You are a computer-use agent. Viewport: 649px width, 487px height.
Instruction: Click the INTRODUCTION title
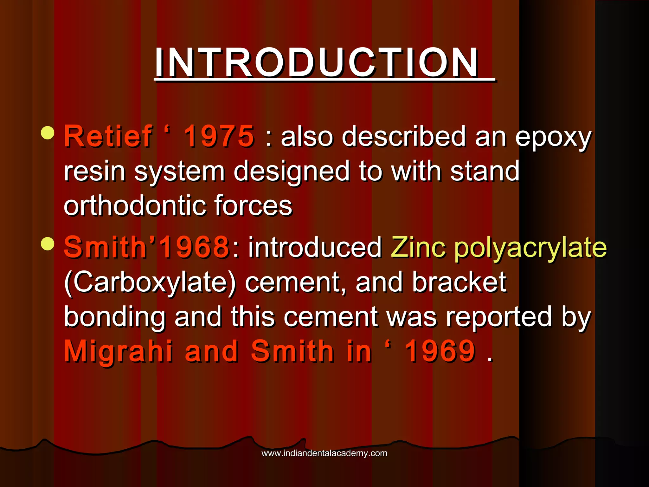coord(317,62)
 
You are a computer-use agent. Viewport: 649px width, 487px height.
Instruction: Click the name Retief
coord(108,136)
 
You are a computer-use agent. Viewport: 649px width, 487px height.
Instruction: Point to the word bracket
coord(459,282)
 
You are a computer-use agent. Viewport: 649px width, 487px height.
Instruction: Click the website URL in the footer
coord(324,453)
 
